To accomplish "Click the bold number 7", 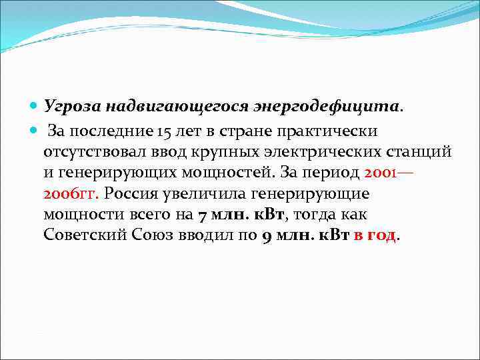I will click(x=202, y=215).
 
